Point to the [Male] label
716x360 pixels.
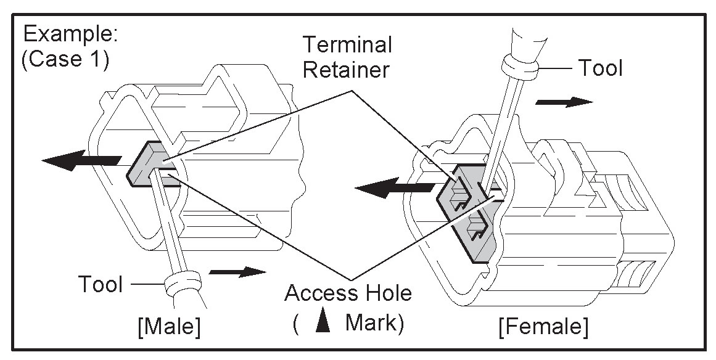tap(169, 326)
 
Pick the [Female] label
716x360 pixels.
tap(543, 326)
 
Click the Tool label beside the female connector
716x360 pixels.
tap(599, 68)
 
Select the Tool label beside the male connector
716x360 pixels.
tap(101, 284)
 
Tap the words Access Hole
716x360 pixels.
tap(348, 293)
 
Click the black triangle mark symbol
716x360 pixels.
tap(320, 324)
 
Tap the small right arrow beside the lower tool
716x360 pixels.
tap(237, 271)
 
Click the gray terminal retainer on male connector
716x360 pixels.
tap(148, 165)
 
